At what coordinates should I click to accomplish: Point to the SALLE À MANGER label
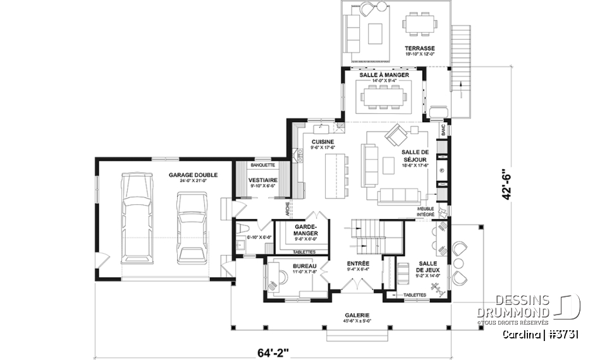pos(384,75)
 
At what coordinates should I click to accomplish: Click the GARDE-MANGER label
pos(306,229)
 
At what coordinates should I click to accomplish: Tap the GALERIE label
pos(357,315)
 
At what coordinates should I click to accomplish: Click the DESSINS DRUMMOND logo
pos(539,307)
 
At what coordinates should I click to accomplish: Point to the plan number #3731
pos(562,333)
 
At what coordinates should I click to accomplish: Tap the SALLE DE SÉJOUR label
pos(415,156)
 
